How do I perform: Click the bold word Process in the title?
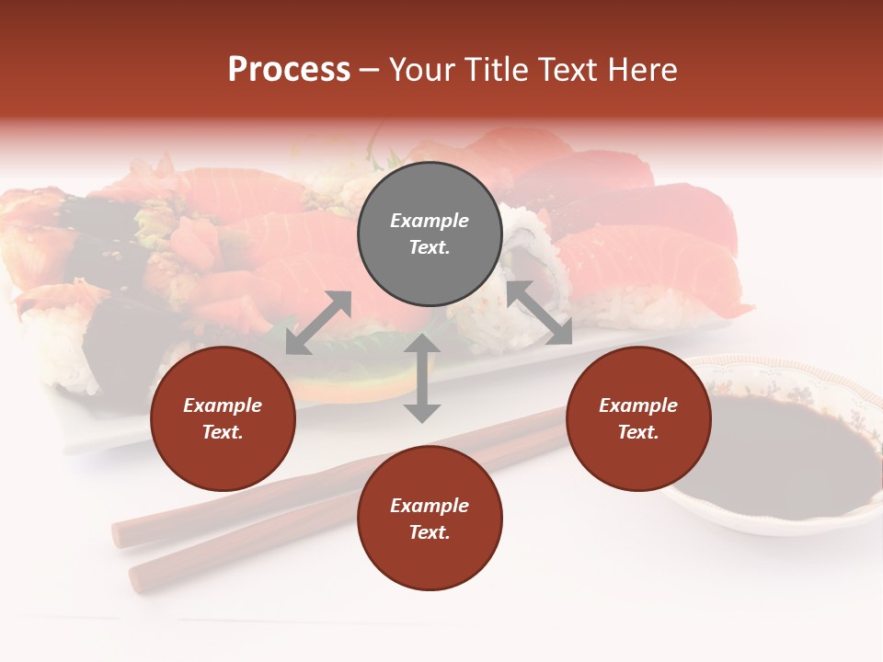coord(289,70)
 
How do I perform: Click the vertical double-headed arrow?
coord(422,378)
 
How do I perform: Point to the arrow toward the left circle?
coord(318,323)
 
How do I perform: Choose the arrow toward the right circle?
coord(539,313)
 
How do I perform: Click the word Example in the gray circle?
coord(430,221)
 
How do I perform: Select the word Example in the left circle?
coord(223,405)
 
